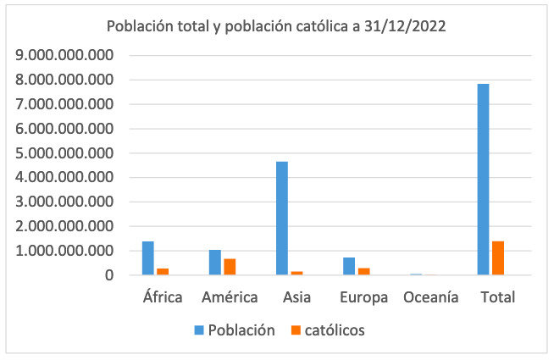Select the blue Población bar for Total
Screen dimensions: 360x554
[483, 179]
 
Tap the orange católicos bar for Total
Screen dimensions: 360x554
[497, 258]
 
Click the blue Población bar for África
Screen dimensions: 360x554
[148, 258]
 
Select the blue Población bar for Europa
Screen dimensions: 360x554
[349, 265]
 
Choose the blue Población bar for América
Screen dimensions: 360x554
[215, 262]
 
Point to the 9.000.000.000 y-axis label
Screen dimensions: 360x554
[65, 55]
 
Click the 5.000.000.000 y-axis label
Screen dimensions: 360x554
[65, 153]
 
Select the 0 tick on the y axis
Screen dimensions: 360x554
[109, 275]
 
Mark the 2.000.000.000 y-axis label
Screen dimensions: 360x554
[65, 226]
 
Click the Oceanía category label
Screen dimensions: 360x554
[430, 297]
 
